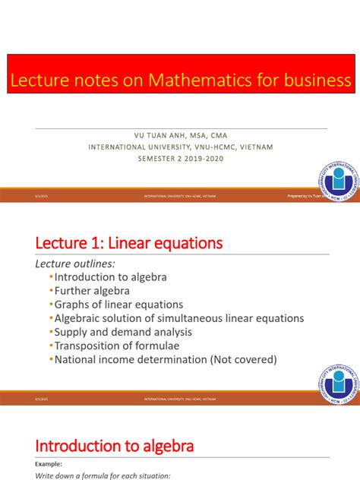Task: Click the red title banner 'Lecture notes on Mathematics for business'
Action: click(180, 81)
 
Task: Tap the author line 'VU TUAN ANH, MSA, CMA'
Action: click(180, 136)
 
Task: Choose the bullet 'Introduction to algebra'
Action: click(110, 277)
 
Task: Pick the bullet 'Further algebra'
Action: click(92, 291)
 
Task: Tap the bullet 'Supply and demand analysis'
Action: click(122, 332)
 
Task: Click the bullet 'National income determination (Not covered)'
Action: click(166, 359)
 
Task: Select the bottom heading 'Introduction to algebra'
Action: click(115, 445)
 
